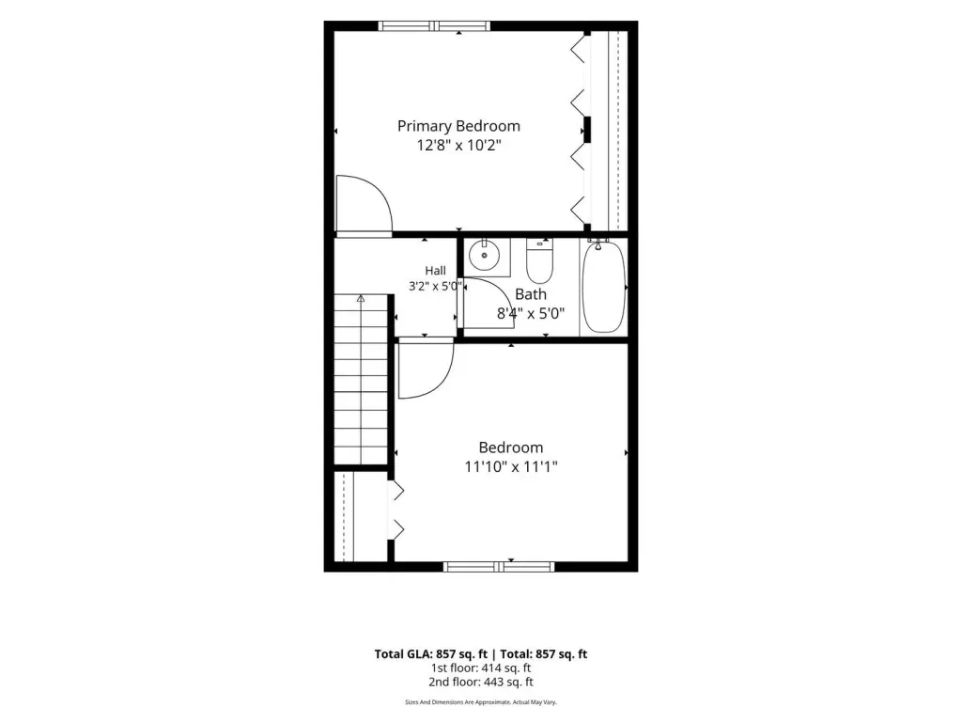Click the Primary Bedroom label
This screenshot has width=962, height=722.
point(458,127)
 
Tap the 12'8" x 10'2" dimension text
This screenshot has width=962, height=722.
point(458,146)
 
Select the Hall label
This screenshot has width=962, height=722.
point(436,270)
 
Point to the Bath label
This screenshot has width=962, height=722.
point(531,294)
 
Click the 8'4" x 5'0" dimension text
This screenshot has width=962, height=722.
point(531,314)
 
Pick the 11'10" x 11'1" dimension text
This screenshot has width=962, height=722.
point(511,466)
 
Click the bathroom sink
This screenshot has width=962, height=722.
point(485,255)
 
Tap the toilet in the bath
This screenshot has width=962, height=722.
point(540,260)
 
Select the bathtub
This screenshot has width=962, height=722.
point(604,286)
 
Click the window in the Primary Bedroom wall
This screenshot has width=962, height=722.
point(434,25)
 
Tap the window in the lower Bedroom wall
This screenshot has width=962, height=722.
point(499,567)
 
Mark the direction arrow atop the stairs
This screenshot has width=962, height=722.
point(361,299)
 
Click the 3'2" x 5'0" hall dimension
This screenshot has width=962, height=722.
point(435,286)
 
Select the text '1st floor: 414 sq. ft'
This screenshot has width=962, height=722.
point(481,668)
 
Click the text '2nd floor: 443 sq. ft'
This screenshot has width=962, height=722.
point(481,683)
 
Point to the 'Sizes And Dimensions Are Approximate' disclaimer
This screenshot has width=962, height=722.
point(481,701)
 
